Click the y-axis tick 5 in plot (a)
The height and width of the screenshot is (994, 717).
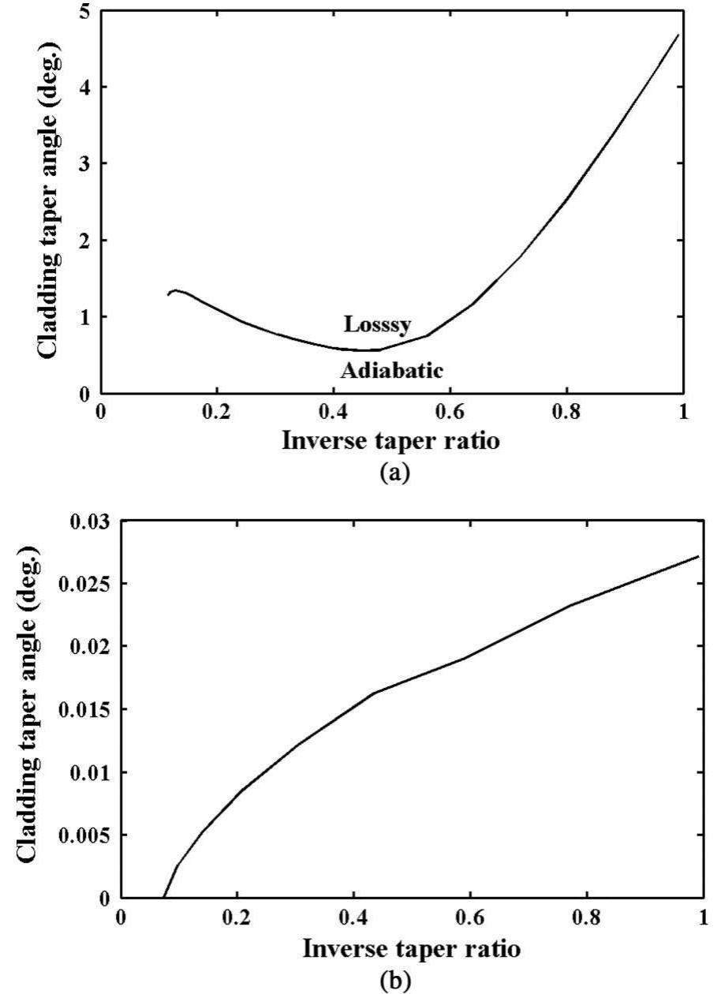[84, 11]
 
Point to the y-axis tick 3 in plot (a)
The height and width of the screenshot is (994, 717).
[84, 163]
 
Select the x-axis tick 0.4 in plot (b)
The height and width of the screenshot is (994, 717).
[353, 918]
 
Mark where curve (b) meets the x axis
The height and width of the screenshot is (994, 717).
[163, 897]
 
